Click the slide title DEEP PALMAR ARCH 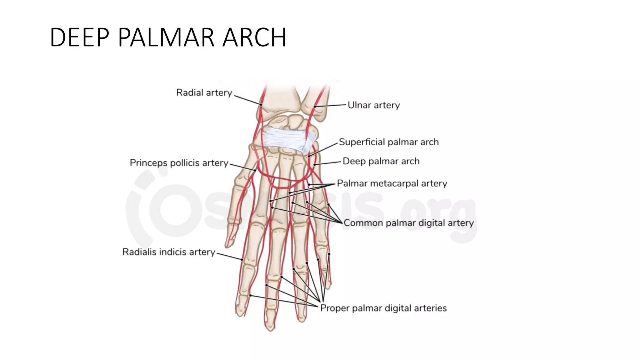168,37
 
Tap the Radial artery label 204,92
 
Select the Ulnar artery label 374,105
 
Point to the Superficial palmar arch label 389,142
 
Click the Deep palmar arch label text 381,161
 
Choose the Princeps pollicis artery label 179,163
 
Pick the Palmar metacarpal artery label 392,183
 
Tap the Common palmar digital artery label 409,223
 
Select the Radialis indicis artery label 169,252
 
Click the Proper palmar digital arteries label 383,308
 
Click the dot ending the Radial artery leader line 261,104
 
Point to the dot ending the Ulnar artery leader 315,107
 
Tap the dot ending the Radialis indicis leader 242,259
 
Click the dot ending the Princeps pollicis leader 255,170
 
